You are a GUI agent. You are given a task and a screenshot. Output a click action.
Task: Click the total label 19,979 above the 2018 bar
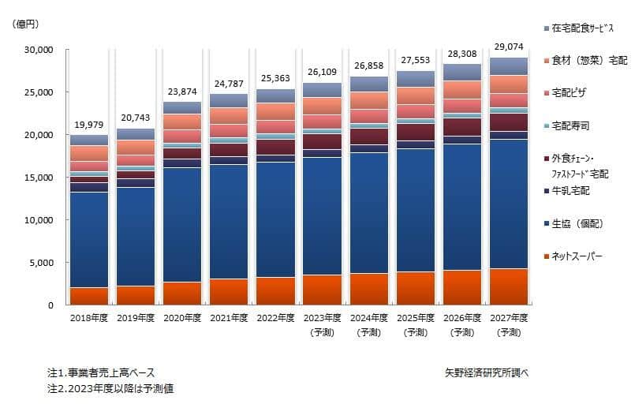[88, 125]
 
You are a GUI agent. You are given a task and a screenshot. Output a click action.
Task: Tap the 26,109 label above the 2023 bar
[322, 73]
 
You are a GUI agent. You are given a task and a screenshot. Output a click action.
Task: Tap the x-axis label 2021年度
[229, 318]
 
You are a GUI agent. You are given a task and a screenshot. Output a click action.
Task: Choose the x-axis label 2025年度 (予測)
[415, 324]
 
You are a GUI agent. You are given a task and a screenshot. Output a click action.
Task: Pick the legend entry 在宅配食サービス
[584, 28]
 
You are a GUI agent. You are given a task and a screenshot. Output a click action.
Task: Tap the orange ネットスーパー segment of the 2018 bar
[88, 295]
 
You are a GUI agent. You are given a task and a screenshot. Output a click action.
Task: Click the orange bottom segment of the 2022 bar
[275, 290]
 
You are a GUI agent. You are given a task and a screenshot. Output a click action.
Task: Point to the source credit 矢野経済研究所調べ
[487, 372]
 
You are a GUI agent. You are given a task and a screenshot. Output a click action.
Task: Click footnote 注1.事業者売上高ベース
[101, 372]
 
